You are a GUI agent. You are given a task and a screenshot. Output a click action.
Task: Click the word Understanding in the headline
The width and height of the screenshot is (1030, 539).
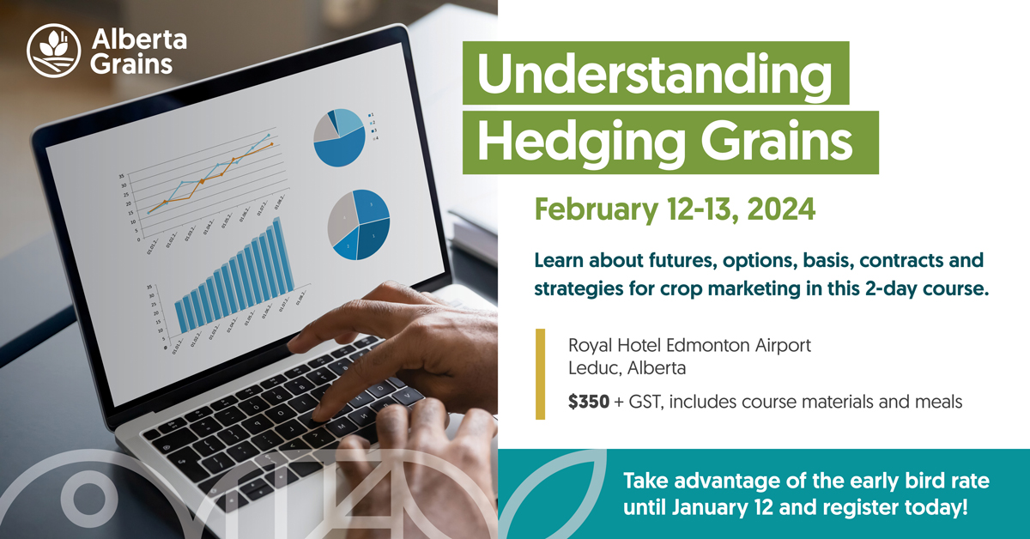pos(655,77)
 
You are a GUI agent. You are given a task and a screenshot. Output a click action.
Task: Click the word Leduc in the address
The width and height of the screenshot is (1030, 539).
pos(593,369)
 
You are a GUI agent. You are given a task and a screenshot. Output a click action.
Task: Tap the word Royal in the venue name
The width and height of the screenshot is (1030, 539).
pos(591,347)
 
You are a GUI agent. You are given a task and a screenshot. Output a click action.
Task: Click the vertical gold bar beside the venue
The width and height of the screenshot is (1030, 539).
pos(541,374)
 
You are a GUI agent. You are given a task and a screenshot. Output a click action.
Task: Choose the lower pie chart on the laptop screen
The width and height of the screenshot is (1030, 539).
pos(359,224)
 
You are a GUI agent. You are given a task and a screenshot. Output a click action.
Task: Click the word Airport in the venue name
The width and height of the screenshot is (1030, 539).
pos(782,347)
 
